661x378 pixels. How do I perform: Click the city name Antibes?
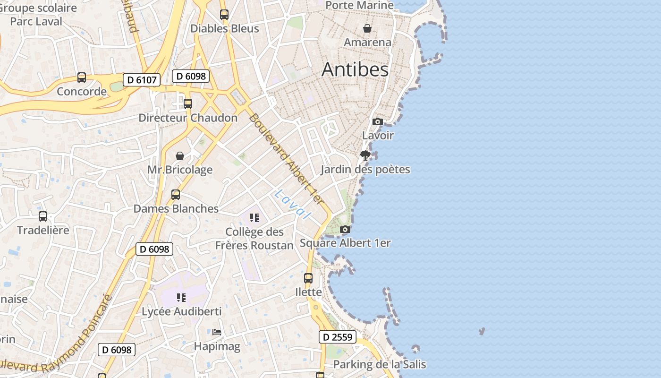tap(355, 69)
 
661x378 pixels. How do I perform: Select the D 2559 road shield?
tap(337, 337)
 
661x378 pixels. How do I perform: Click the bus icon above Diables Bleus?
tap(224, 15)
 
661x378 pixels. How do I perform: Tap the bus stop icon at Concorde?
tap(82, 77)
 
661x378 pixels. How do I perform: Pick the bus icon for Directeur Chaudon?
tap(188, 104)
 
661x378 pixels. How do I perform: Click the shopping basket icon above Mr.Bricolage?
tap(180, 156)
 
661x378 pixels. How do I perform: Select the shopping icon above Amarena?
tap(367, 28)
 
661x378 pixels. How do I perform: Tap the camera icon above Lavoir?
tap(377, 122)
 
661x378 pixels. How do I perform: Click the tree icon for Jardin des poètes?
tap(365, 155)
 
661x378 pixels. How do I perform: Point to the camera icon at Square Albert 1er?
tap(345, 230)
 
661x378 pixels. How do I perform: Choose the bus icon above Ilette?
tap(308, 278)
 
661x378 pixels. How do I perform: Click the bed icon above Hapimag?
tap(217, 332)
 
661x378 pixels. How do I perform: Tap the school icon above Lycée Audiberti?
tap(181, 298)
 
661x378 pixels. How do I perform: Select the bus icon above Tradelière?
tap(43, 216)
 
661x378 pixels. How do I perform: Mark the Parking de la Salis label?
tap(380, 364)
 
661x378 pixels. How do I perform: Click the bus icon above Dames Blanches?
tap(176, 195)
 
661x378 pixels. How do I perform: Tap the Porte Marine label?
tap(360, 5)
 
